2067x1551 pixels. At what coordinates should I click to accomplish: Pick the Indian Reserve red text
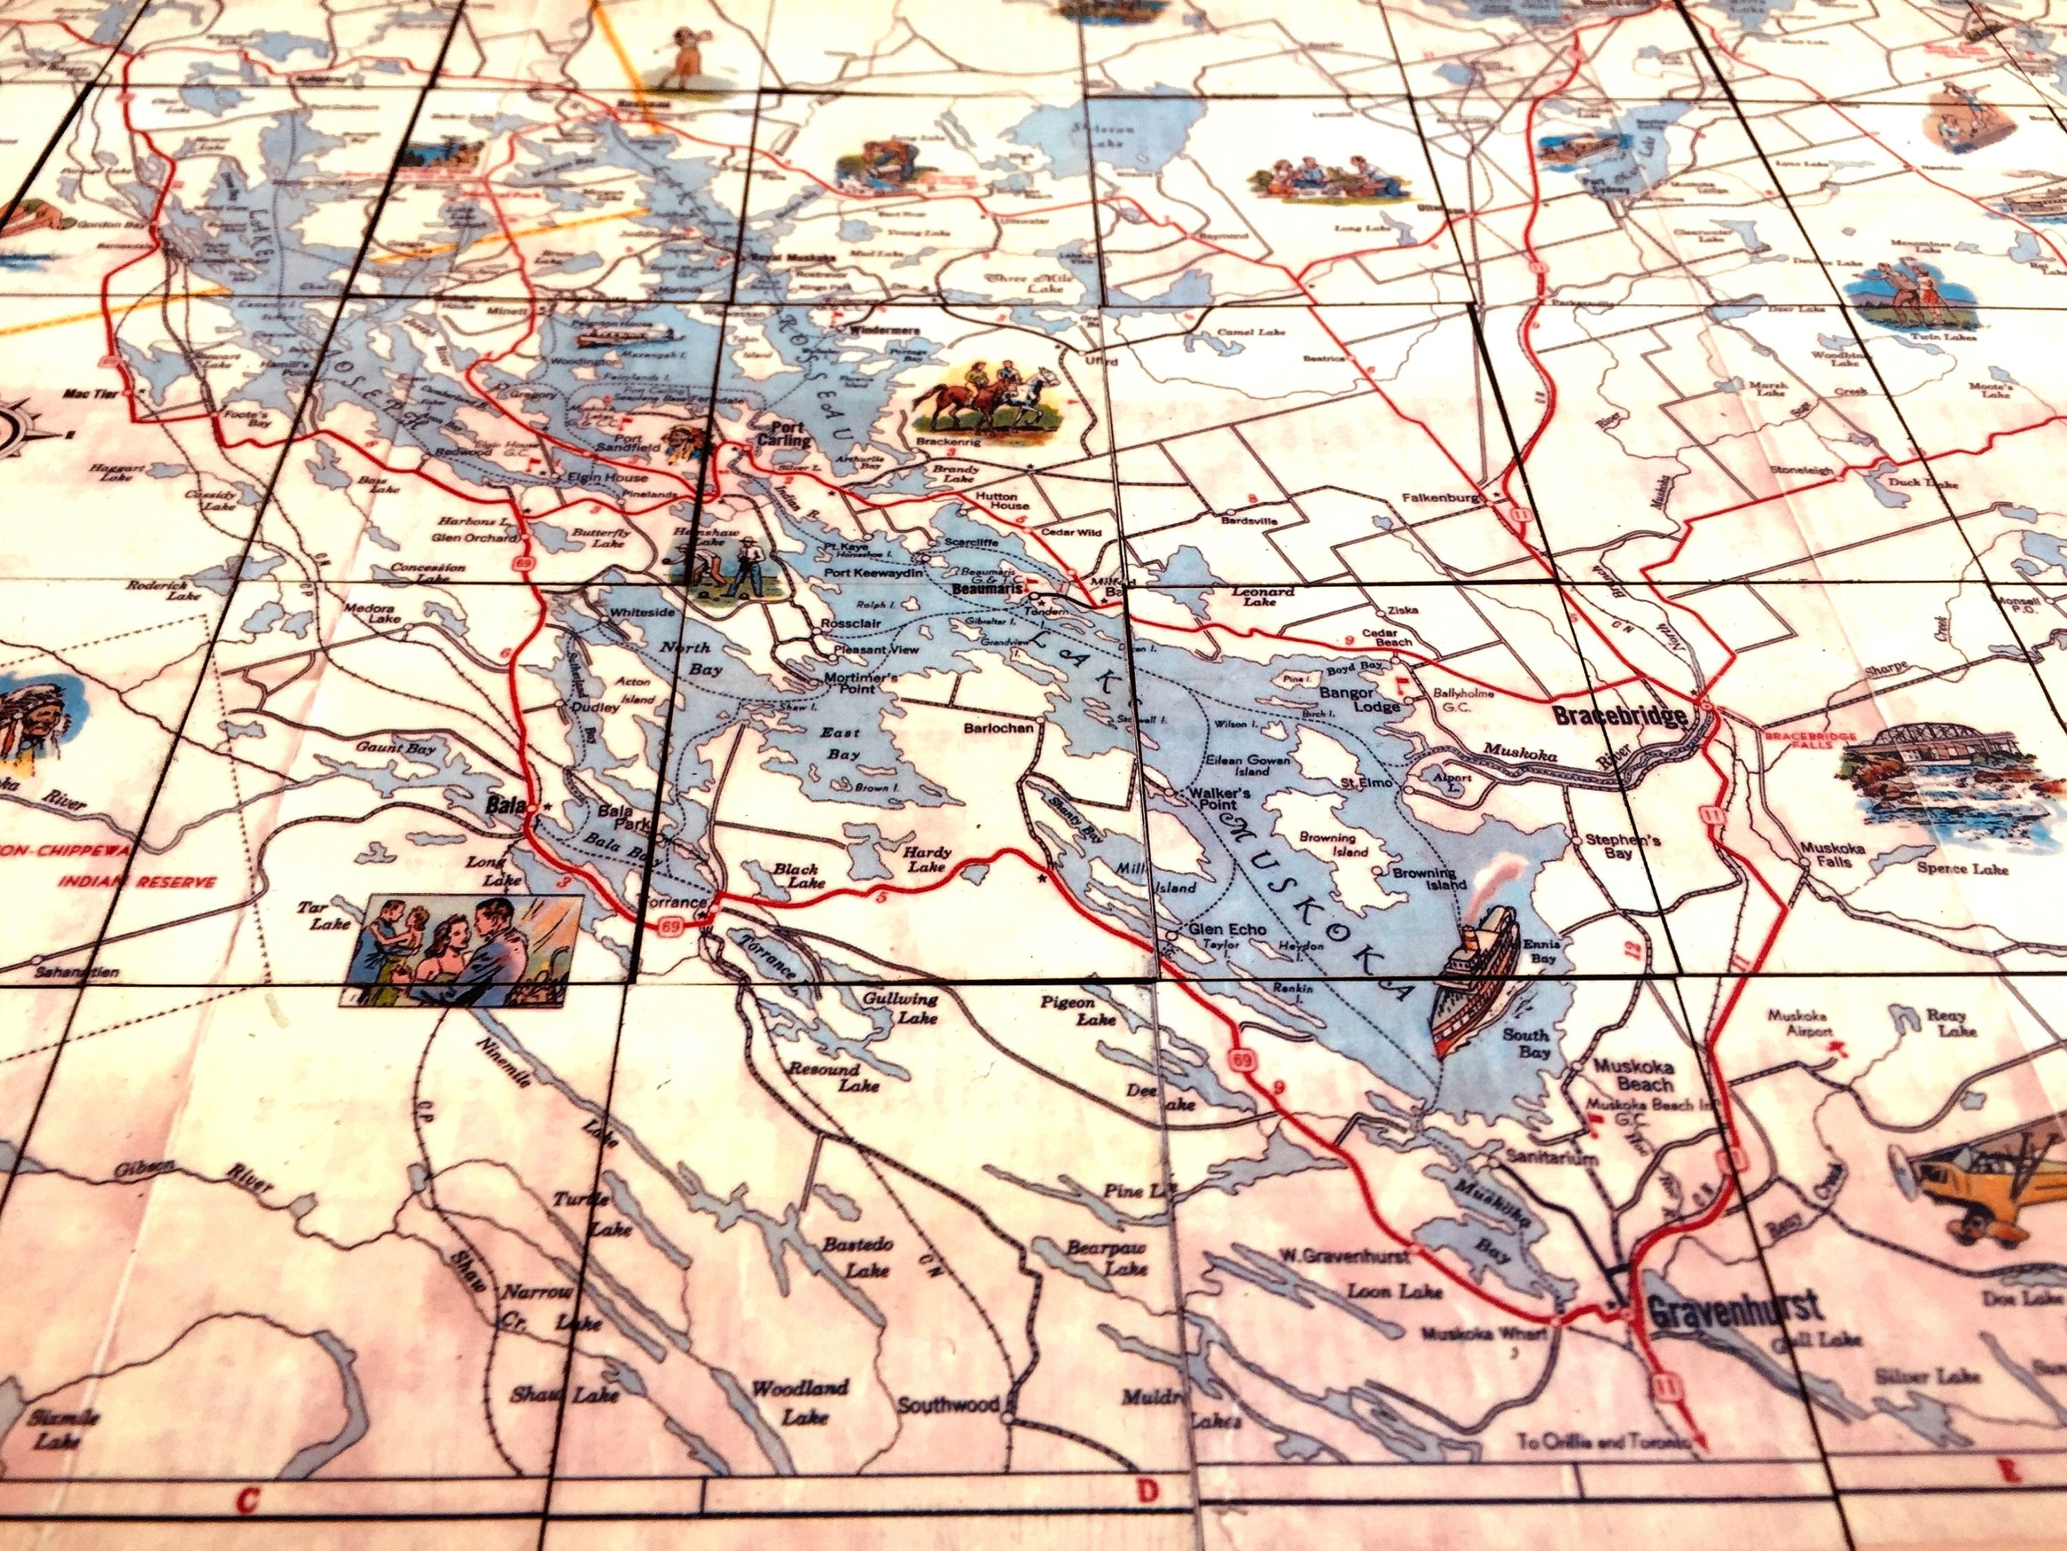click(x=136, y=882)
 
